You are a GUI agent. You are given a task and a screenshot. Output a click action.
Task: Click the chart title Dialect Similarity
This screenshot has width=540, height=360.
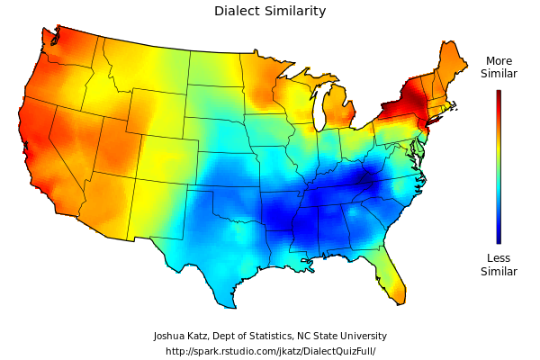coord(270,12)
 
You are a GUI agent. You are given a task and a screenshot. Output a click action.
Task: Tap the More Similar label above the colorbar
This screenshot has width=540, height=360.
coord(499,67)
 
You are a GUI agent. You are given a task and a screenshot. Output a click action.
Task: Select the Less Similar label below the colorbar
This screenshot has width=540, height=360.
coord(499,265)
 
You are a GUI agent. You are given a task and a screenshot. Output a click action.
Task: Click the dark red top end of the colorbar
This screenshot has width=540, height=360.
coord(499,93)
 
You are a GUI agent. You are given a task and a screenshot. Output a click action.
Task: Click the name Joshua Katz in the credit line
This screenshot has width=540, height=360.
coord(183,336)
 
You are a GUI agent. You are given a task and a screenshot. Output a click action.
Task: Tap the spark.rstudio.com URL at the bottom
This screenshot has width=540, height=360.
coord(270,351)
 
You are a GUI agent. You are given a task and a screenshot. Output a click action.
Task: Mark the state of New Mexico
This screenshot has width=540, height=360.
coord(158,209)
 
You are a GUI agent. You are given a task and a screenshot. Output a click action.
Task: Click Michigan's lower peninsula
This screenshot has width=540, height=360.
coord(338,112)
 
